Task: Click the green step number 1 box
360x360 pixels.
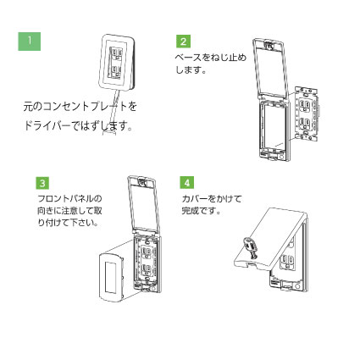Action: pyautogui.click(x=30, y=42)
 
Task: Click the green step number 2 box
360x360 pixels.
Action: pyautogui.click(x=184, y=42)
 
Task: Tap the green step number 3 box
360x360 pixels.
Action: pyautogui.click(x=42, y=183)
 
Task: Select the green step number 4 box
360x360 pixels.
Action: pyautogui.click(x=187, y=182)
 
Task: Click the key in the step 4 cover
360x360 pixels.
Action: pyautogui.click(x=250, y=247)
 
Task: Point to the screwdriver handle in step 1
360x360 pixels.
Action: pyautogui.click(x=109, y=132)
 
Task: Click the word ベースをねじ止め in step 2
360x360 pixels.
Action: pyautogui.click(x=211, y=58)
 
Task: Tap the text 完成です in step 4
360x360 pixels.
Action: pyautogui.click(x=201, y=210)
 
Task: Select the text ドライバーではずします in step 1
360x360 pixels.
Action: pyautogui.click(x=78, y=125)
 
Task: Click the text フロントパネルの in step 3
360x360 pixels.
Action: pyautogui.click(x=69, y=199)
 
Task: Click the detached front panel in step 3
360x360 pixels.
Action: pyautogui.click(x=112, y=278)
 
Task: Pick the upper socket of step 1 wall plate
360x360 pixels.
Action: pyautogui.click(x=116, y=53)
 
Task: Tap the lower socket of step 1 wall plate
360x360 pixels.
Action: pyautogui.click(x=116, y=70)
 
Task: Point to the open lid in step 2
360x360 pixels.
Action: pyautogui.click(x=270, y=68)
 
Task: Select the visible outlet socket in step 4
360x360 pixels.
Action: pyautogui.click(x=287, y=261)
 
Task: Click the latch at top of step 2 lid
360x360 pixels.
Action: pyautogui.click(x=269, y=46)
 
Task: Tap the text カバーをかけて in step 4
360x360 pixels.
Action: pyautogui.click(x=212, y=199)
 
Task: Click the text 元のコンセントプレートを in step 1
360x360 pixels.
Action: pyautogui.click(x=80, y=107)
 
